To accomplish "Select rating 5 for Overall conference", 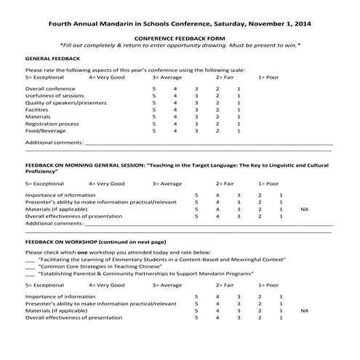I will coord(153,88).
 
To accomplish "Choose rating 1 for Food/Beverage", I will coord(239,131).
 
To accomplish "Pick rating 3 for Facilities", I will coord(196,109).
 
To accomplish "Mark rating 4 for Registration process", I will coord(175,124).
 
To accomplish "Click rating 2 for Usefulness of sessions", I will coord(217,95).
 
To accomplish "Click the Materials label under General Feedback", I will coord(38,116).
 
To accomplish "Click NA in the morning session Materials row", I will coord(304,209).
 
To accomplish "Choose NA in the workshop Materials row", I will coord(304,311).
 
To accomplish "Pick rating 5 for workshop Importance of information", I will coord(196,296).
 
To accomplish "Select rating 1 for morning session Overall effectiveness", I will coord(281,216).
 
